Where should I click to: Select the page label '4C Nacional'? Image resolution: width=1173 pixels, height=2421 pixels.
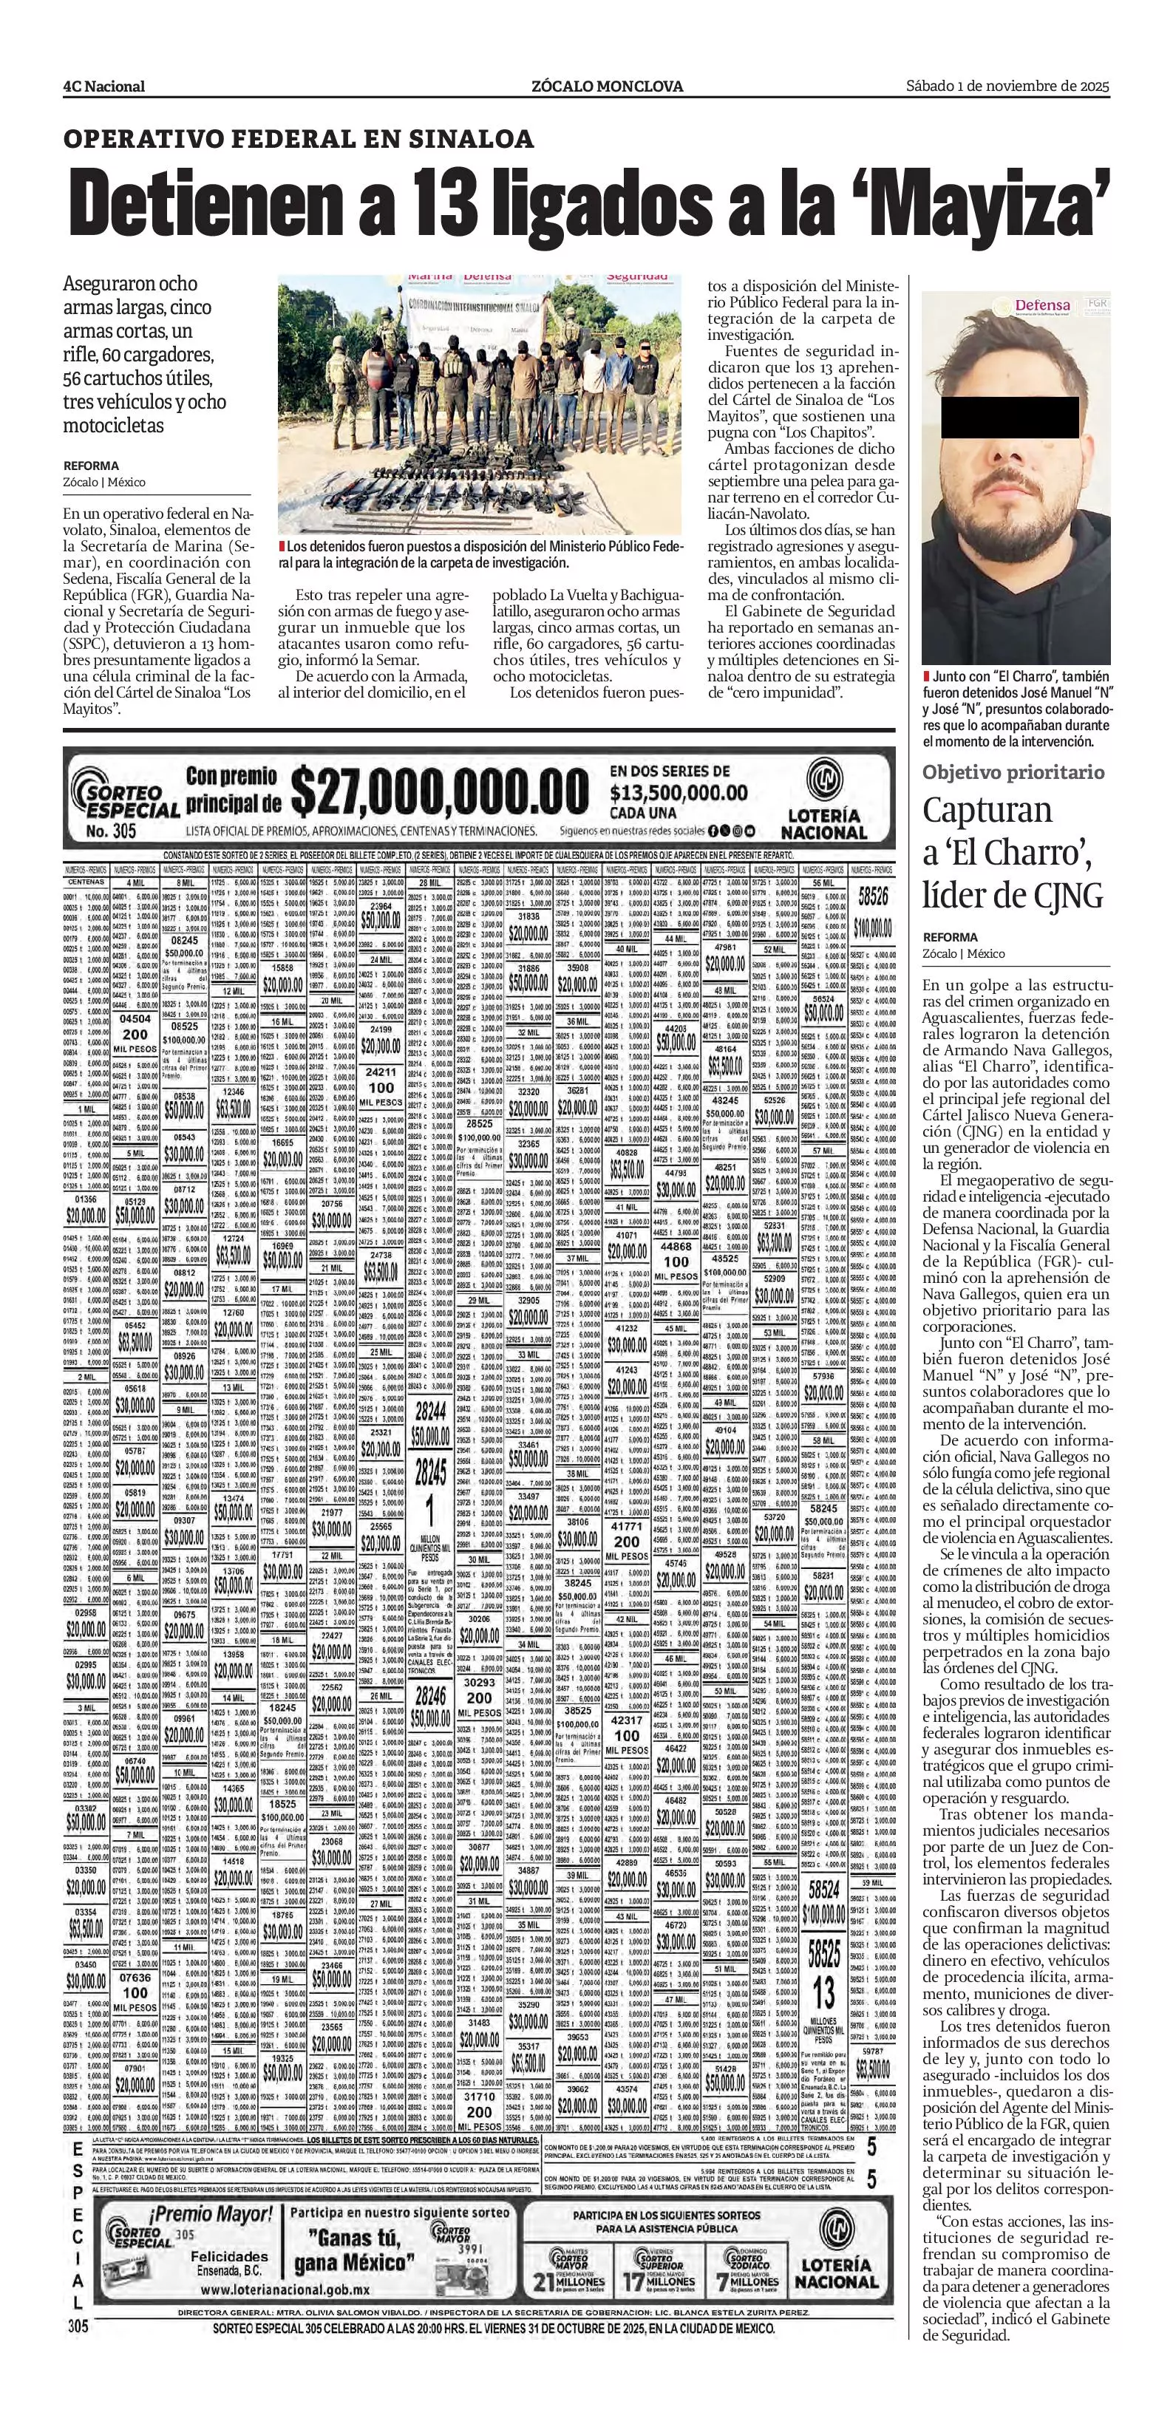[103, 86]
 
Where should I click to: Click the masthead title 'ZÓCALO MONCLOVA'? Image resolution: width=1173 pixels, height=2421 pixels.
[606, 86]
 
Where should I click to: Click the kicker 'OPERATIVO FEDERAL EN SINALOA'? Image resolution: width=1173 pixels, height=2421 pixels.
[298, 140]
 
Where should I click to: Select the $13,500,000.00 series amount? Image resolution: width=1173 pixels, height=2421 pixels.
[679, 792]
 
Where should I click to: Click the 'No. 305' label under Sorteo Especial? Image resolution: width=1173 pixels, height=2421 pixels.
[111, 831]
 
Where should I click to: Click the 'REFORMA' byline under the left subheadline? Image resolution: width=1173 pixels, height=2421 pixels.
[91, 466]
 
